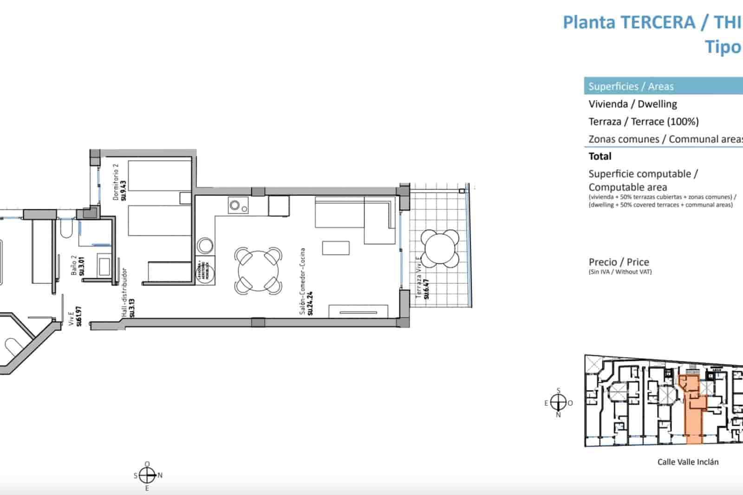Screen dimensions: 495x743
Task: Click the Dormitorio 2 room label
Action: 119,182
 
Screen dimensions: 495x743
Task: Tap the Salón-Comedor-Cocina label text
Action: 306,281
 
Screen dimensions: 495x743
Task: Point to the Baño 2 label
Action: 78,266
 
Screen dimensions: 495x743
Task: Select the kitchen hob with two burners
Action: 238,205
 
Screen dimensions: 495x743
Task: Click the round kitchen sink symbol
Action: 205,246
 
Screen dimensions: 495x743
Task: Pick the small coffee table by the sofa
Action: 336,247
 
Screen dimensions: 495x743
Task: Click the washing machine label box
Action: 205,269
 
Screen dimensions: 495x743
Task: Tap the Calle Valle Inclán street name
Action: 688,462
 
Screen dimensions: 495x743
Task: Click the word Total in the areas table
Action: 600,156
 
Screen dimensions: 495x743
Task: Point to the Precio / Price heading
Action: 619,262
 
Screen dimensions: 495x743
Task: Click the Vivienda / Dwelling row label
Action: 632,104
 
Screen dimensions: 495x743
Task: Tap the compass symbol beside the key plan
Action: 558,402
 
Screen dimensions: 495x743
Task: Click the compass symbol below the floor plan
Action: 147,475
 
